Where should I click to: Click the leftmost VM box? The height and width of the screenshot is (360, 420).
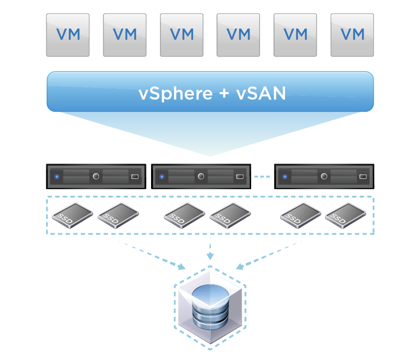pyautogui.click(x=68, y=35)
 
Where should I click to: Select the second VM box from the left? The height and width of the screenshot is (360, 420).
pyautogui.click(x=125, y=35)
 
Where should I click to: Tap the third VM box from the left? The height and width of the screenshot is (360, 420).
pyautogui.click(x=182, y=35)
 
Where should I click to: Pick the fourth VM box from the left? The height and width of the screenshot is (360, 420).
pyautogui.click(x=239, y=35)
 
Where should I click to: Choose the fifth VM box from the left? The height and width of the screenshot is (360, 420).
pyautogui.click(x=295, y=35)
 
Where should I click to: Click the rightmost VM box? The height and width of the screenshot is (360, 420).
pyautogui.click(x=352, y=35)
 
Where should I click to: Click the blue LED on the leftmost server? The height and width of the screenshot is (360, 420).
pyautogui.click(x=57, y=177)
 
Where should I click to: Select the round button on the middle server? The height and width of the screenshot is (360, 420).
pyautogui.click(x=201, y=176)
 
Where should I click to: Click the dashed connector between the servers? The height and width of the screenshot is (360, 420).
pyautogui.click(x=262, y=177)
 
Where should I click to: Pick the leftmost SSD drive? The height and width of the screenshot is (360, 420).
pyautogui.click(x=69, y=216)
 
